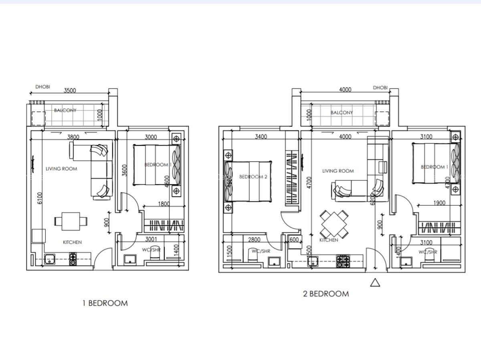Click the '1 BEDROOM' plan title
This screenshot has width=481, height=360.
pyautogui.click(x=105, y=303)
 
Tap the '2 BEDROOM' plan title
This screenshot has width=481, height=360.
pyautogui.click(x=325, y=294)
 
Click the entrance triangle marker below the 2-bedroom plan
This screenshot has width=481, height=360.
pyautogui.click(x=375, y=283)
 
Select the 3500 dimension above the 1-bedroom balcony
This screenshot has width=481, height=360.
pyautogui.click(x=70, y=91)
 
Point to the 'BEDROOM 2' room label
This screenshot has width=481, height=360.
pyautogui.click(x=253, y=177)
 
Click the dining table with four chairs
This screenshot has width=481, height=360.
pyautogui.click(x=334, y=224)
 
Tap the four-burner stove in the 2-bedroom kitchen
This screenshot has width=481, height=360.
pyautogui.click(x=343, y=261)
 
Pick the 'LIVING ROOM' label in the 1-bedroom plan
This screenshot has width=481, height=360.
pyautogui.click(x=61, y=169)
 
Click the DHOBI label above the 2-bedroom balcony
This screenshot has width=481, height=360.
pyautogui.click(x=380, y=88)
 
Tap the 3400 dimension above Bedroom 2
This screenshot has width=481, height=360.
pyautogui.click(x=261, y=137)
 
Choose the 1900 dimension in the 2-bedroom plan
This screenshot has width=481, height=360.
pyautogui.click(x=439, y=203)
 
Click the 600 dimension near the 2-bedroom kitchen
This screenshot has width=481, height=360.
pyautogui.click(x=294, y=239)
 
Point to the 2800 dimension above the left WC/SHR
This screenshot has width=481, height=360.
pyautogui.click(x=254, y=239)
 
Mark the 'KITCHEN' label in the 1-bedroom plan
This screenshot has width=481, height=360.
pyautogui.click(x=72, y=242)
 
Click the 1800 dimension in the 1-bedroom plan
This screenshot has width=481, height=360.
pyautogui.click(x=164, y=204)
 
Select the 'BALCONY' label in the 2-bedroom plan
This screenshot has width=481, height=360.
pyautogui.click(x=342, y=113)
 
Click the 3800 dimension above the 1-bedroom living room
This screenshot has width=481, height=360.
pyautogui.click(x=73, y=137)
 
